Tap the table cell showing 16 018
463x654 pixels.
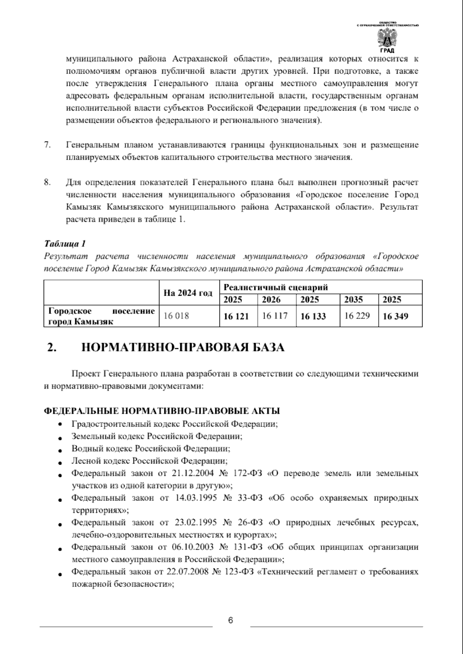point(176,316)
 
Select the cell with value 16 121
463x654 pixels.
point(236,317)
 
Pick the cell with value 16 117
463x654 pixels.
point(275,316)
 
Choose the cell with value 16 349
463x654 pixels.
point(395,317)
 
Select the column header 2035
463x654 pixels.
point(353,300)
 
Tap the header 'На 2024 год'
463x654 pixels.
point(188,293)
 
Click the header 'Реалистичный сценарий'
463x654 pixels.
point(276,287)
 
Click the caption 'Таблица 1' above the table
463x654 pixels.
point(65,244)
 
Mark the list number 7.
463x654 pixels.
point(48,145)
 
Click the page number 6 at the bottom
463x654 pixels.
point(230,621)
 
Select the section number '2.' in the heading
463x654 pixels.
point(52,347)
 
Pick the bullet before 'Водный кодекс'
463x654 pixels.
point(60,450)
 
